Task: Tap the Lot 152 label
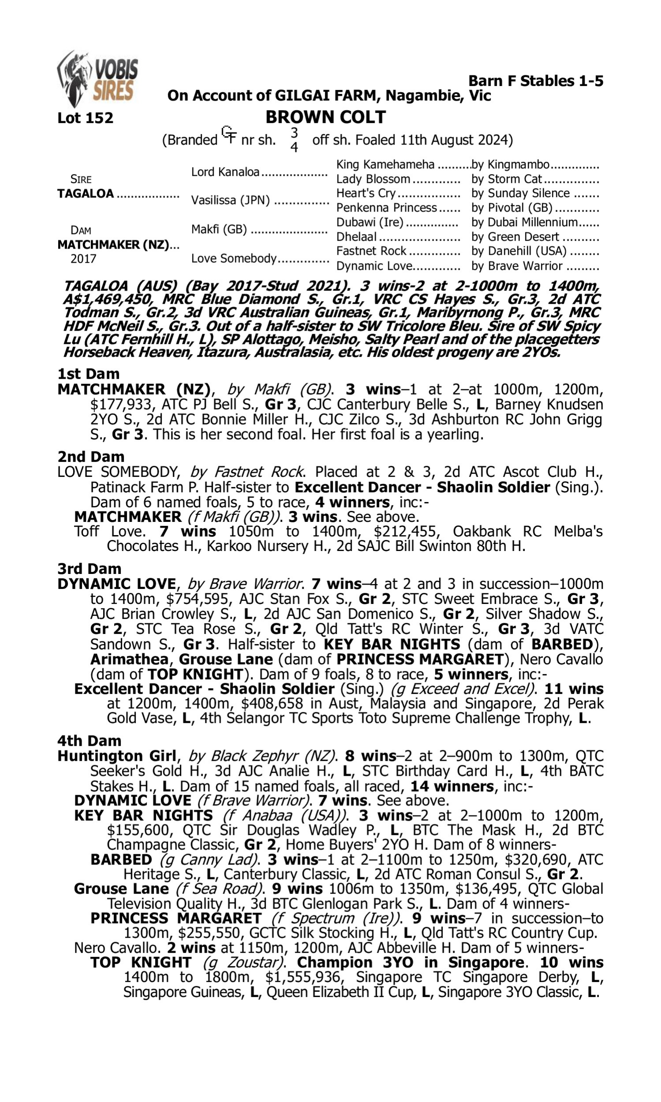pos(85,118)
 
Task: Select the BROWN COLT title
pos(325,117)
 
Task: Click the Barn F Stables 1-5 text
pos(535,81)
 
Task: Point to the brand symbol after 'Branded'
pos(229,135)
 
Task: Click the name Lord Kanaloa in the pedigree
pos(225,172)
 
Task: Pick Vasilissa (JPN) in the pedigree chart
pos(230,201)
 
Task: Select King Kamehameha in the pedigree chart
pos(385,164)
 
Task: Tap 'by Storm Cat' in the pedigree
pos(506,179)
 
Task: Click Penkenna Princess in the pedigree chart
pos(386,208)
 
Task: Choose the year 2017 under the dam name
pos(83,259)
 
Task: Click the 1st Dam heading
pos(88,373)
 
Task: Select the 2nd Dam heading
pos(90,457)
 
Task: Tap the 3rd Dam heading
pos(89,568)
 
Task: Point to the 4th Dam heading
pos(89,740)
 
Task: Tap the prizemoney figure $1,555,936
pos(303,977)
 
